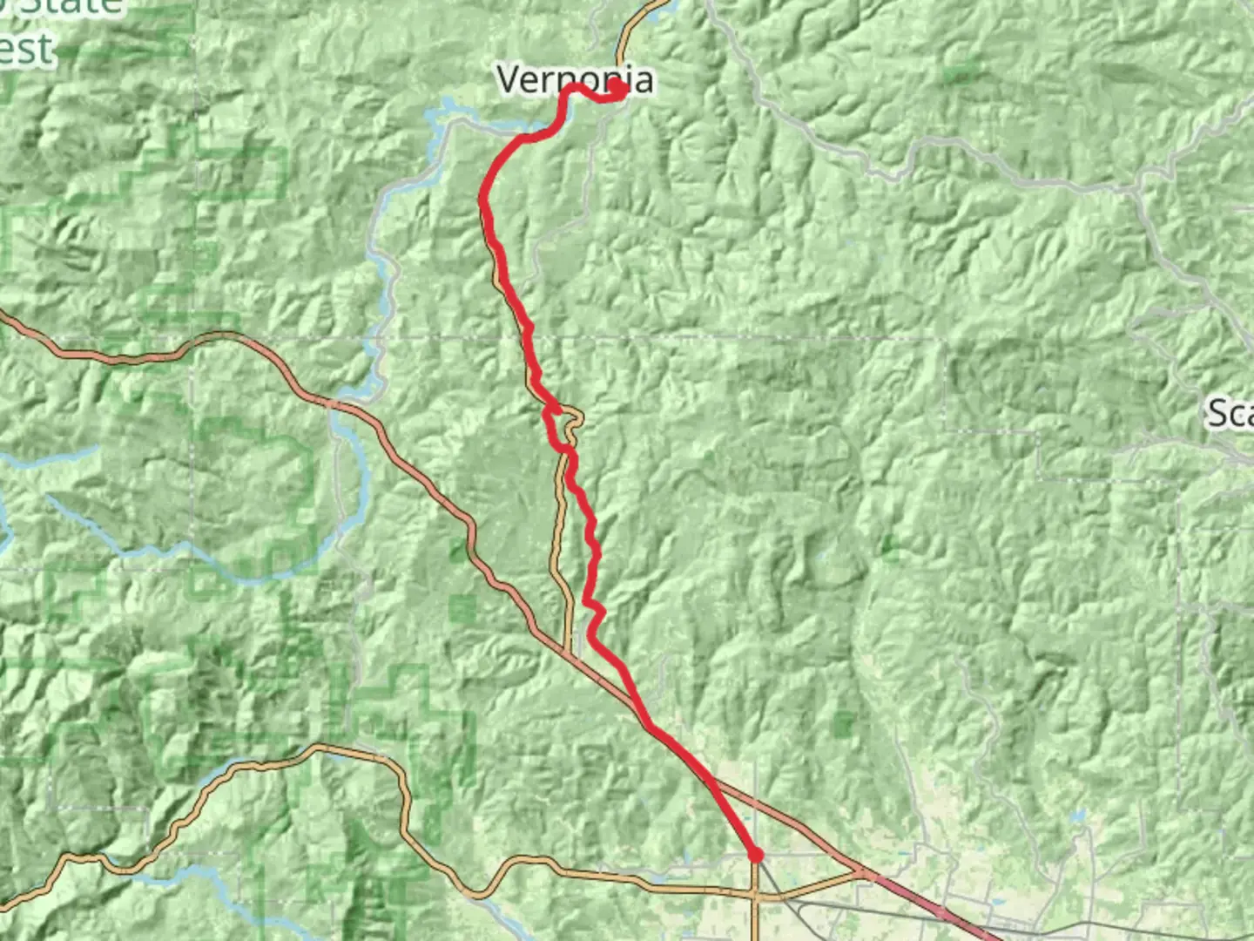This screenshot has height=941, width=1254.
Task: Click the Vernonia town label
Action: (x=575, y=79)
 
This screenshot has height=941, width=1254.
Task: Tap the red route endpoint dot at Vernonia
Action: (x=617, y=89)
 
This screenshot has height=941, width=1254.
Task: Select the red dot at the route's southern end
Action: (x=756, y=856)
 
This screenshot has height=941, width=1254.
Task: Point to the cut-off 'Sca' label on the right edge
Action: (x=1230, y=412)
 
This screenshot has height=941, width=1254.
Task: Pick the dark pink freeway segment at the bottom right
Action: (x=940, y=911)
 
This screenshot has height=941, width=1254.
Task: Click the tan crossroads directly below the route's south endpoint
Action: (x=756, y=893)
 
